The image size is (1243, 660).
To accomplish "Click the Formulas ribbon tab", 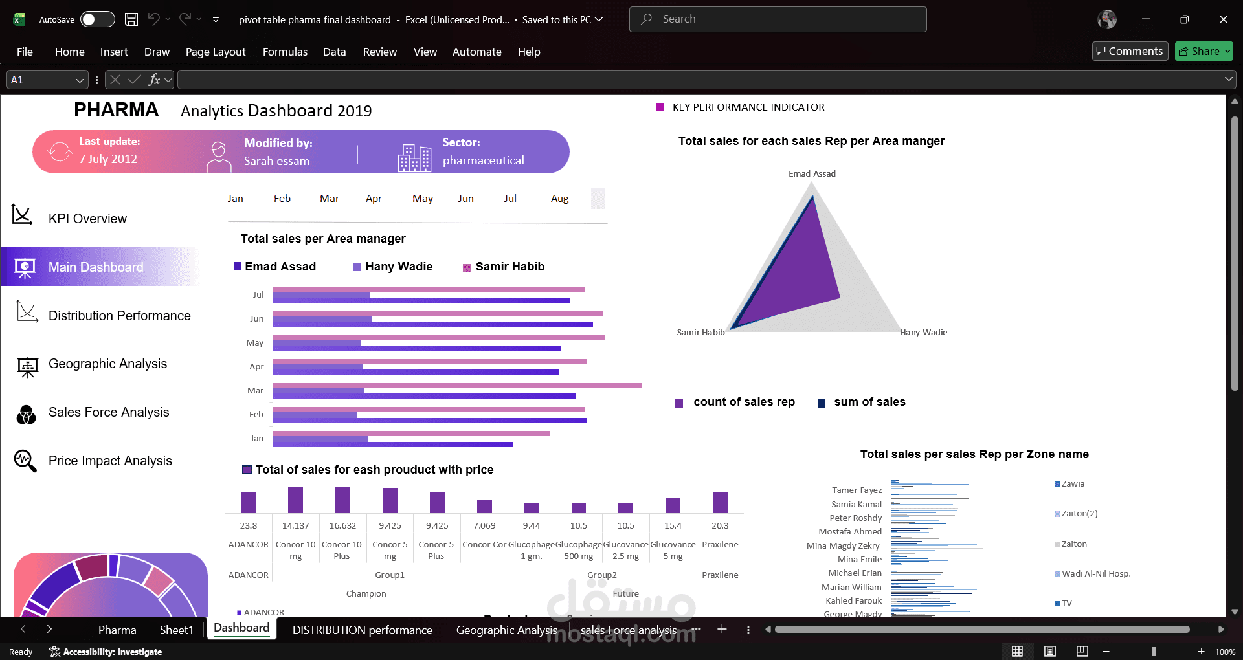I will click(x=285, y=52).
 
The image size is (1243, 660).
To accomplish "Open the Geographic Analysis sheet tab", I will click(x=506, y=630).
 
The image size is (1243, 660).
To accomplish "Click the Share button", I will click(x=1204, y=51).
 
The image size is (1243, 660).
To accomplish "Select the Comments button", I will click(x=1130, y=51).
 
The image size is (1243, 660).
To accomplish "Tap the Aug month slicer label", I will click(x=559, y=199).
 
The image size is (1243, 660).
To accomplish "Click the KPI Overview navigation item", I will click(x=87, y=219).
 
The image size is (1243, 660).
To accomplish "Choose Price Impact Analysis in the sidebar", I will click(x=110, y=461).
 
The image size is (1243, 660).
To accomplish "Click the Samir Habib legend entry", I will click(x=510, y=267).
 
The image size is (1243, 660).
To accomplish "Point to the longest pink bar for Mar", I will click(x=456, y=386).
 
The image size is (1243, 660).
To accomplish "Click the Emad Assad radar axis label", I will click(x=812, y=173).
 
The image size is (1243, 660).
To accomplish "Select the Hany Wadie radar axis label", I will click(x=923, y=333).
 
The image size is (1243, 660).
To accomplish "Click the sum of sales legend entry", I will click(x=869, y=402).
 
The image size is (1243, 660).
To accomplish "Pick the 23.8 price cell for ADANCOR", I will click(x=249, y=526).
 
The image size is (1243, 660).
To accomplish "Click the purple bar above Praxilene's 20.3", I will click(x=720, y=502).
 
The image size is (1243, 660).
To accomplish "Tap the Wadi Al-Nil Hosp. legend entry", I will click(x=1095, y=574).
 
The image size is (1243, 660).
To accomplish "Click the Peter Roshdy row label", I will click(x=855, y=518).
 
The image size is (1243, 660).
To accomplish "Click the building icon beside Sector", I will click(x=414, y=158).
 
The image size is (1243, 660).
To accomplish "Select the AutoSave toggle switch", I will click(x=97, y=19).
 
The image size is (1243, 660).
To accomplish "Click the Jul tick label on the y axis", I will click(x=258, y=295).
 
